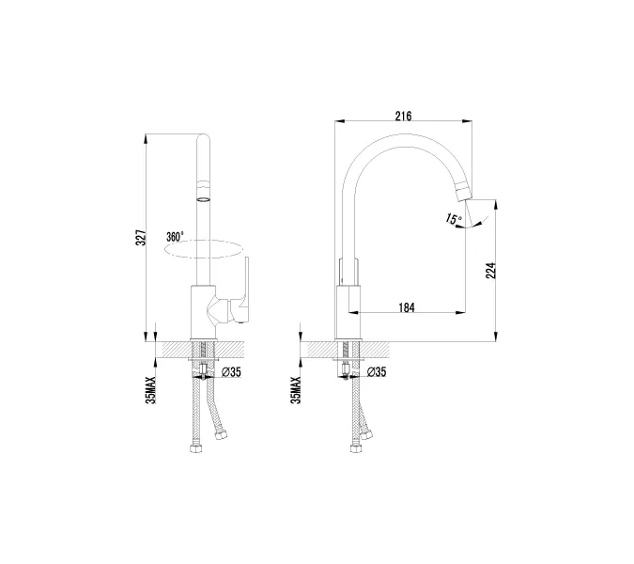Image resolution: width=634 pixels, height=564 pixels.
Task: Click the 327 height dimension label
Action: (x=140, y=238)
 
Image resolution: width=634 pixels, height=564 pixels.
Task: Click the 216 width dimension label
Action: (x=403, y=117)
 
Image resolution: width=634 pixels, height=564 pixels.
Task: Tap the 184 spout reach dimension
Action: (x=407, y=308)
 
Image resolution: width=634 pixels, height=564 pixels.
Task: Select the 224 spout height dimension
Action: (x=490, y=271)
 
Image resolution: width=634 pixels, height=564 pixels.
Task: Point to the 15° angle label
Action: (x=454, y=219)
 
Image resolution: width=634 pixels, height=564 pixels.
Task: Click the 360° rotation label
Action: (x=175, y=237)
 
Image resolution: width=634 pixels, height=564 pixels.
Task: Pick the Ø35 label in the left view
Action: (x=232, y=372)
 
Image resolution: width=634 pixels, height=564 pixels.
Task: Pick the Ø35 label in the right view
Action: (x=377, y=372)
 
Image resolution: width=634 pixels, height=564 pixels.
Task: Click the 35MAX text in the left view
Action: (x=150, y=390)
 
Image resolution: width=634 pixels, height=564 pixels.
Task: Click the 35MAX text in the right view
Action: (x=296, y=390)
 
